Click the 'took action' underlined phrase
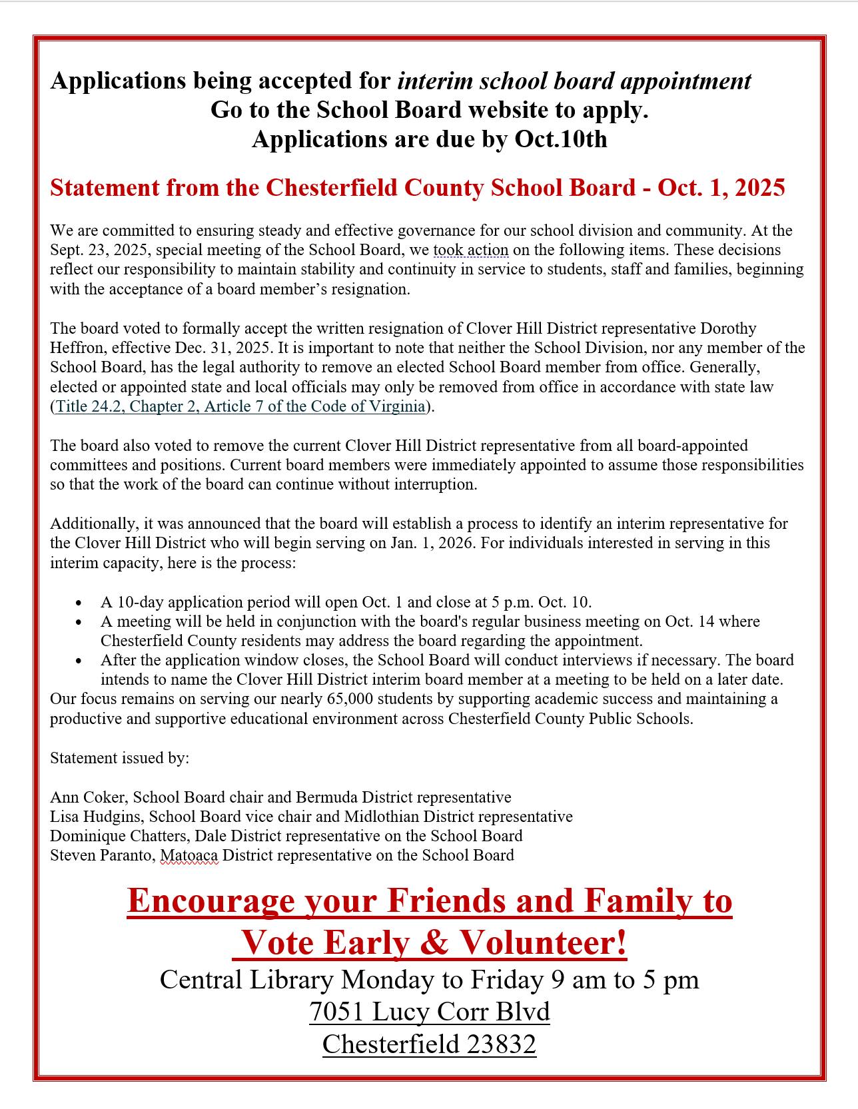tap(471, 250)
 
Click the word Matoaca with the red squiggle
tap(189, 855)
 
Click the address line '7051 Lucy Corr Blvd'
tap(429, 1012)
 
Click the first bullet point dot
tap(79, 603)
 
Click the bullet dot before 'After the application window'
tap(79, 661)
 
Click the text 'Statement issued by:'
tap(120, 758)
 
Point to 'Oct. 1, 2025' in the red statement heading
tap(721, 188)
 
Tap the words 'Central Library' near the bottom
tap(246, 980)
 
